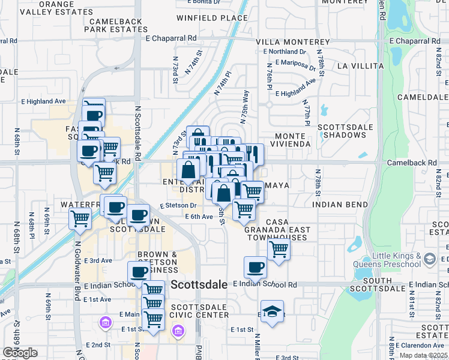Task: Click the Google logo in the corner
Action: pyautogui.click(x=20, y=353)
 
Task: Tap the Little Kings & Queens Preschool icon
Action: pyautogui.click(x=429, y=259)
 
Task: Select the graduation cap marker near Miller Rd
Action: pyautogui.click(x=272, y=311)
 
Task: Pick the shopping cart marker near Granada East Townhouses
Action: pyautogui.click(x=279, y=249)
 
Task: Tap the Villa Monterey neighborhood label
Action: pyautogui.click(x=293, y=42)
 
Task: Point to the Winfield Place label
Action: pyautogui.click(x=212, y=18)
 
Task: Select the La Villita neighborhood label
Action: pyautogui.click(x=361, y=65)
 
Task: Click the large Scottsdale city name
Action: pyautogui.click(x=199, y=285)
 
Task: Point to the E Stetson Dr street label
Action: pyautogui.click(x=178, y=206)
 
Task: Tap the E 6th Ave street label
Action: pyautogui.click(x=199, y=217)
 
